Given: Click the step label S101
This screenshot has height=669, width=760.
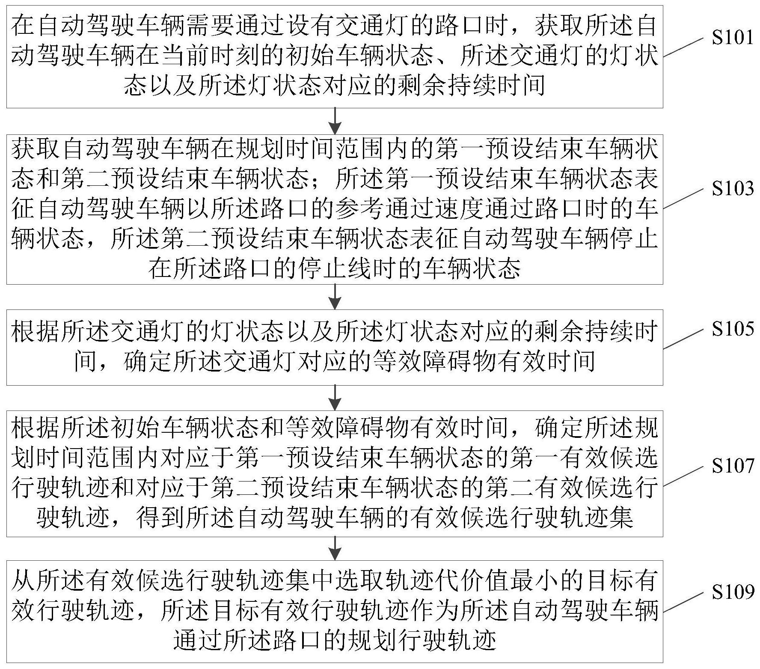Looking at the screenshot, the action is [733, 38].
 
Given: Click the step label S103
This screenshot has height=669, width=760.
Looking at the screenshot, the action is [733, 188].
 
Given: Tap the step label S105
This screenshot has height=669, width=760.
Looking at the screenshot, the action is [733, 328].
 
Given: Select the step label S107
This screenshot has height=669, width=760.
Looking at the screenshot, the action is [733, 466].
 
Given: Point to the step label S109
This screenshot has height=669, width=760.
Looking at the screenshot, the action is [733, 592].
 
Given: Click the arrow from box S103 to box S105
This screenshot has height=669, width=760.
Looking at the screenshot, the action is [336, 297].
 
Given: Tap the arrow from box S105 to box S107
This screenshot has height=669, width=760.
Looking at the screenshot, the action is [336, 398].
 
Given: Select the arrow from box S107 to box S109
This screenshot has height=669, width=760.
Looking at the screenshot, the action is [336, 548].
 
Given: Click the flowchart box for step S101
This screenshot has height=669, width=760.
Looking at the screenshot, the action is [335, 56].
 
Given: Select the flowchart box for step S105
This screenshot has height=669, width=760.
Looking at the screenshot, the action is [335, 347].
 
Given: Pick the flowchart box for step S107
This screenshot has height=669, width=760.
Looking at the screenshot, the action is [335, 473].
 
